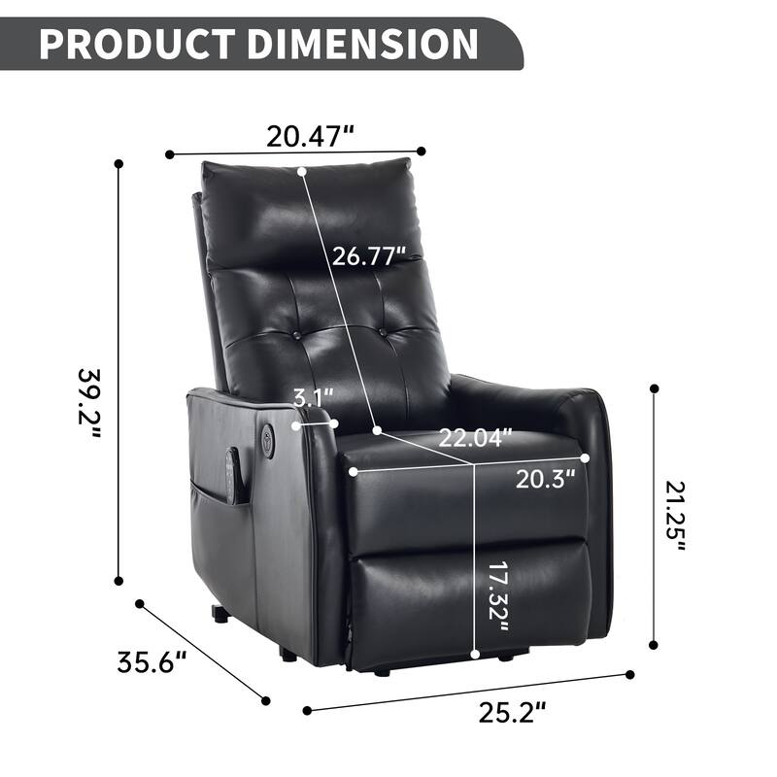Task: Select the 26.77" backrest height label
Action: pos(368,257)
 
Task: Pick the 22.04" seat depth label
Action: pos(473,439)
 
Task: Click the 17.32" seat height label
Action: pos(496,593)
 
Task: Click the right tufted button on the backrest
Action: pos(387,333)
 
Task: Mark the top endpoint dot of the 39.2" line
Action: pos(119,164)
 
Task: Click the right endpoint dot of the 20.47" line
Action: pos(422,151)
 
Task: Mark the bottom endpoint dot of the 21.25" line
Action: pos(654,643)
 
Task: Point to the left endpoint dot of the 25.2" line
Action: pos(306,709)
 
